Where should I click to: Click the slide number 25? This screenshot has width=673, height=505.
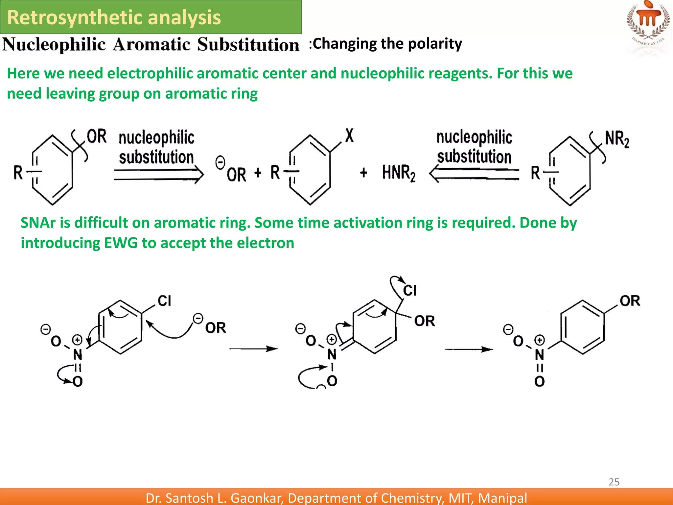pos(614,482)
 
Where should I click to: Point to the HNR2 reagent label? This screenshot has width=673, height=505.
pos(398,173)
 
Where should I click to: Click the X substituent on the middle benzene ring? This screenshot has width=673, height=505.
pos(349,135)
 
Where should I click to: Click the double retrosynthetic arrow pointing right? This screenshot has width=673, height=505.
pos(159,174)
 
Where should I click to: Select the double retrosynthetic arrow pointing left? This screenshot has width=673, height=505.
pos(474,174)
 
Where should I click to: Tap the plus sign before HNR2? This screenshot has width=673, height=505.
pos(363,173)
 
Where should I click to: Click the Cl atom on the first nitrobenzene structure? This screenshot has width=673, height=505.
pos(164,301)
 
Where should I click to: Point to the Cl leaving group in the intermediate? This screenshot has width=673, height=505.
pos(410,290)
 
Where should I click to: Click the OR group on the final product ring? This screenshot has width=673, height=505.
pos(630,301)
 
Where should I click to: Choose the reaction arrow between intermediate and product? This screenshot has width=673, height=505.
pos(468,349)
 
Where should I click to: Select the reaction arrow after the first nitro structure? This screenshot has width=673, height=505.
pos(253,349)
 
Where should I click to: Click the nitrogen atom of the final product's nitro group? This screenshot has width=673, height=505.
pos(539,354)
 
